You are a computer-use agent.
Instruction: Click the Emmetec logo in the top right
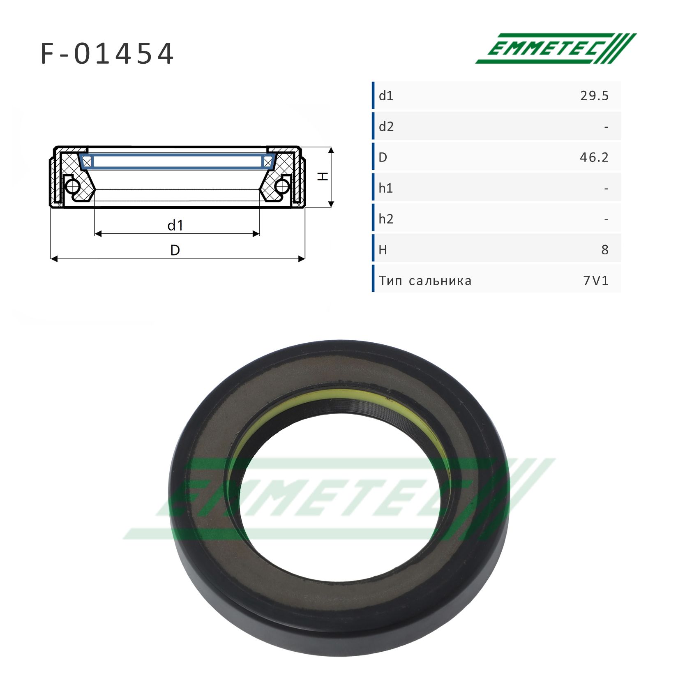pos(556,48)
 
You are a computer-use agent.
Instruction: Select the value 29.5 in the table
pos(594,96)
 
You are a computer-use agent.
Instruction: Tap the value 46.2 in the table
pos(594,157)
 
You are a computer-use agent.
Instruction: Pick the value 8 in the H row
pos(605,250)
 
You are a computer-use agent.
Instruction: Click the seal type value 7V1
pos(596,281)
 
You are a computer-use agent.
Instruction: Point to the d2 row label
pos(386,127)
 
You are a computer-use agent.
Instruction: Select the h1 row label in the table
pos(386,188)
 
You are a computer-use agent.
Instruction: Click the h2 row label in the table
pos(386,219)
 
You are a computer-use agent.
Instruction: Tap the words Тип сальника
pos(425,281)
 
